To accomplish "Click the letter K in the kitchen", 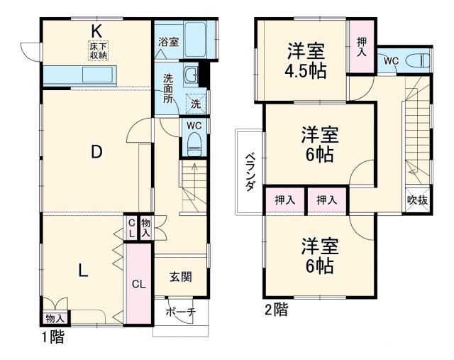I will pyautogui.click(x=97, y=31).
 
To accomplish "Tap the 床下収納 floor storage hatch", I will pyautogui.click(x=97, y=50).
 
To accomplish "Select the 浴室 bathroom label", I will pyautogui.click(x=169, y=42).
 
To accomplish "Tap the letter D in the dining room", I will pyautogui.click(x=97, y=151).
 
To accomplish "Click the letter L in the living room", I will pyautogui.click(x=82, y=270).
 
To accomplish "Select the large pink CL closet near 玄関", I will pyautogui.click(x=139, y=285).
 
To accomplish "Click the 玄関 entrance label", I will pyautogui.click(x=180, y=277).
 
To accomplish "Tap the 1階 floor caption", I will pyautogui.click(x=52, y=337).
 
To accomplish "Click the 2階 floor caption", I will pyautogui.click(x=277, y=310).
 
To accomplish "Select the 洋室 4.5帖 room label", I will pyautogui.click(x=306, y=61).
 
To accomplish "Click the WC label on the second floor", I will pyautogui.click(x=391, y=61).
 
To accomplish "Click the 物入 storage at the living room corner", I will pyautogui.click(x=55, y=319).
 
